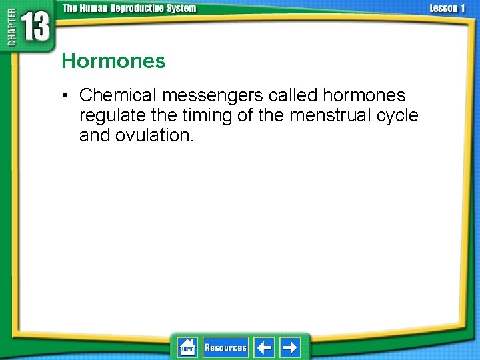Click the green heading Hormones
point(113,61)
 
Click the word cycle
point(397,116)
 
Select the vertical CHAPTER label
point(11,30)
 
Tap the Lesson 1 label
point(447,8)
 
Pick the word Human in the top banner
point(94,8)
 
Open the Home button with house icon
point(187,347)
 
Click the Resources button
point(225,347)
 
